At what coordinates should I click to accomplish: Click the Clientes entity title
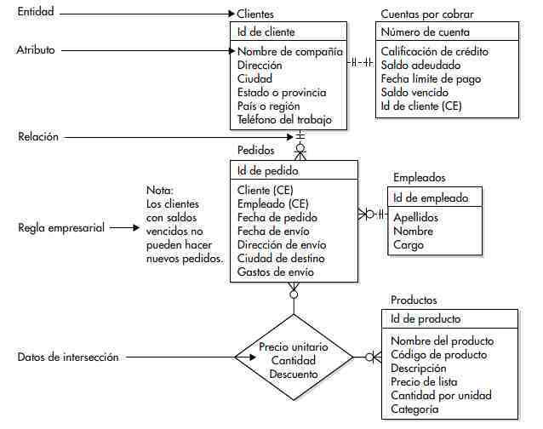pyautogui.click(x=255, y=14)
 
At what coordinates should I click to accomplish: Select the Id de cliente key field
pyautogui.click(x=266, y=32)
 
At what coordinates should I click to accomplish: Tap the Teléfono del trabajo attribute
pyautogui.click(x=284, y=120)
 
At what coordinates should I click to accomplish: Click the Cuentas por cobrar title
pyautogui.click(x=427, y=14)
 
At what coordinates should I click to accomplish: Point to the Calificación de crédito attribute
pyautogui.click(x=434, y=51)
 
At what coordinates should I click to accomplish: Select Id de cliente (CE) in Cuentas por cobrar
pyautogui.click(x=421, y=106)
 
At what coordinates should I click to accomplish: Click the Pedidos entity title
pyautogui.click(x=255, y=151)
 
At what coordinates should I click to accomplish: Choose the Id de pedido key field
pyautogui.click(x=268, y=170)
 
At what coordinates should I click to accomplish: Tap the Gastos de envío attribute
pyautogui.click(x=276, y=272)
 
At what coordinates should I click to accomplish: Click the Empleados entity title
pyautogui.click(x=419, y=178)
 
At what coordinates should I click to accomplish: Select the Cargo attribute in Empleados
pyautogui.click(x=408, y=244)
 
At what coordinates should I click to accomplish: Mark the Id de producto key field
pyautogui.click(x=426, y=319)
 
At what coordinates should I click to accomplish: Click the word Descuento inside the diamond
pyautogui.click(x=293, y=374)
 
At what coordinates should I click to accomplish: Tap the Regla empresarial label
pyautogui.click(x=62, y=228)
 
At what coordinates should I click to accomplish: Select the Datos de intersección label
pyautogui.click(x=68, y=357)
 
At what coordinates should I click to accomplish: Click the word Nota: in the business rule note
pyautogui.click(x=160, y=191)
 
